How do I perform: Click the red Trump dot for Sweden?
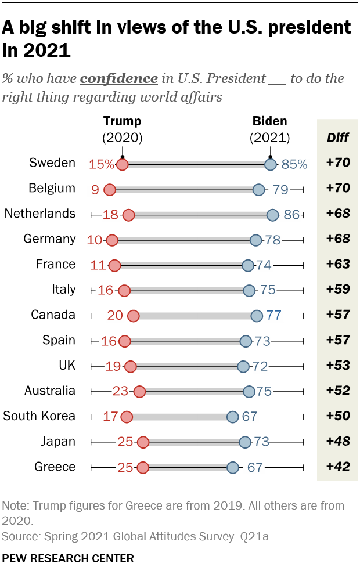coord(122,164)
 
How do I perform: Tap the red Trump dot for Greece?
coord(143,468)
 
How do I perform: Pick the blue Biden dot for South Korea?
coord(233,417)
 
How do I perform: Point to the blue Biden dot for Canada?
coord(257,316)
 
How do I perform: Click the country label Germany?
coord(49,239)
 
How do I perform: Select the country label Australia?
coord(50,391)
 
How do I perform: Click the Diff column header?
coord(338,137)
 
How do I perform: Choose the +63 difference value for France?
coord(338,265)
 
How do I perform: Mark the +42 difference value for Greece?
coord(338,467)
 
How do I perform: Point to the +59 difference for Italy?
coord(338,290)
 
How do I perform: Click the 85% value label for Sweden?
coord(294,164)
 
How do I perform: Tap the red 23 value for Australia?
coord(120,391)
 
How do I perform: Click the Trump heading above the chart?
coord(122,121)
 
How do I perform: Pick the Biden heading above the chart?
coord(269,121)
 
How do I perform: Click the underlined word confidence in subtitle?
coord(119,78)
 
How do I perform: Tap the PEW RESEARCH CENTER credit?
coord(69,558)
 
